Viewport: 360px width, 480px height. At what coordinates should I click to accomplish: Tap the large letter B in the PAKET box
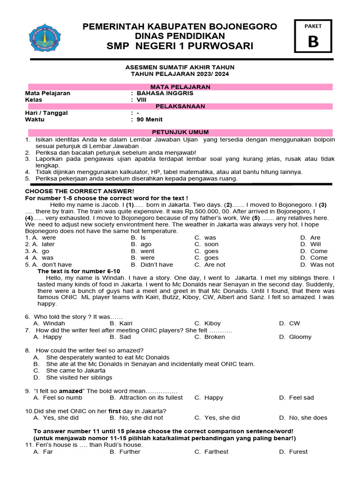(x=313, y=42)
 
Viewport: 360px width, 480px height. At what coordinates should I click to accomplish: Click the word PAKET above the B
(x=313, y=27)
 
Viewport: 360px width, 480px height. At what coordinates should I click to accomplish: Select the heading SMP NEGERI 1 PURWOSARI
(x=180, y=46)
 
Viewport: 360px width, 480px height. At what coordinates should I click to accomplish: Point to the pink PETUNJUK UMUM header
(x=180, y=133)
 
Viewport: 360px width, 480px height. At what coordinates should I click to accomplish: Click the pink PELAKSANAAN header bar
(x=180, y=106)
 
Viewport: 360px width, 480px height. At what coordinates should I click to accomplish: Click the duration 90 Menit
(x=150, y=120)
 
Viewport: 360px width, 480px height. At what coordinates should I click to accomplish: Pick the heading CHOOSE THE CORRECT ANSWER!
(x=79, y=191)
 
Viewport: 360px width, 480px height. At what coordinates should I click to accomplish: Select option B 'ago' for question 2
(x=146, y=244)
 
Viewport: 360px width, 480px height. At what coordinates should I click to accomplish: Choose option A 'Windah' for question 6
(x=54, y=323)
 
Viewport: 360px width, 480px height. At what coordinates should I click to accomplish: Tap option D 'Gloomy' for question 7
(x=300, y=337)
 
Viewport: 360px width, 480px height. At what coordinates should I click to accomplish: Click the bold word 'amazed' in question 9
(x=70, y=391)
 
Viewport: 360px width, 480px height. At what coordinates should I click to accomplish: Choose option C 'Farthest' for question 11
(x=216, y=452)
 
